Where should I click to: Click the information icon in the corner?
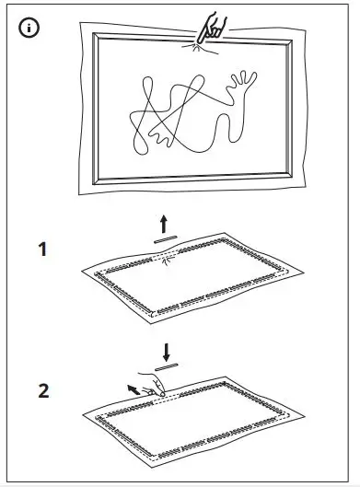pyautogui.click(x=30, y=28)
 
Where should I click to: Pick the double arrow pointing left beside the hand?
pyautogui.click(x=135, y=388)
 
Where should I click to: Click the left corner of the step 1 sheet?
pyautogui.click(x=84, y=272)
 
